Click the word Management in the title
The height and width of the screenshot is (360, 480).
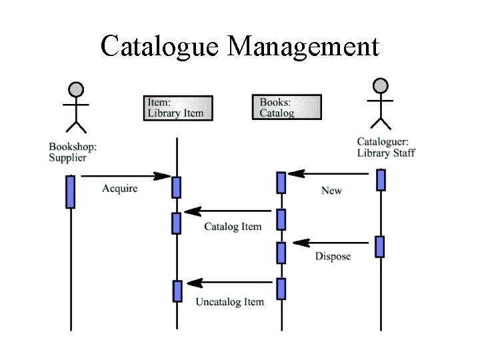tap(303, 47)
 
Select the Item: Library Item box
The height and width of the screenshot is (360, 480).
tap(178, 107)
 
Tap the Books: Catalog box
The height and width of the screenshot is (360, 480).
tap(287, 107)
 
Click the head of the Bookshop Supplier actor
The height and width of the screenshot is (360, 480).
tap(77, 89)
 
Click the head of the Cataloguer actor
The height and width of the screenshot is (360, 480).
tap(380, 85)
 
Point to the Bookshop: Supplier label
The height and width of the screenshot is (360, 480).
tap(73, 152)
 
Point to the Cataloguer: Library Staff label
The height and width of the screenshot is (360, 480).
tap(385, 147)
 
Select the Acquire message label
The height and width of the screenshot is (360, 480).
tap(120, 189)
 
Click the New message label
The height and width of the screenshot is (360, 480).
tap(331, 191)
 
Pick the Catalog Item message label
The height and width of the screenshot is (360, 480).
tap(233, 227)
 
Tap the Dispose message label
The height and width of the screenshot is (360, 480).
tap(333, 257)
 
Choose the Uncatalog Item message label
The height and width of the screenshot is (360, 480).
tap(229, 302)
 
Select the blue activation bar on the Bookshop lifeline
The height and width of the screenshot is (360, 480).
tap(70, 191)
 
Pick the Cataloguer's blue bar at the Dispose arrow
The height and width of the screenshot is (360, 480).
tap(379, 247)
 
